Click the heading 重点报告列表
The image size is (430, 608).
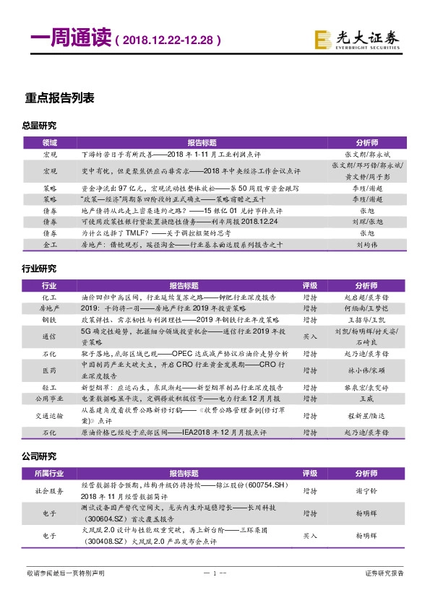59,99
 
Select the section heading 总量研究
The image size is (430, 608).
39,126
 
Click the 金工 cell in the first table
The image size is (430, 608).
49,265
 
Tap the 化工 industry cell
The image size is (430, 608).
49,297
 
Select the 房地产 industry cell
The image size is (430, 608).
49,308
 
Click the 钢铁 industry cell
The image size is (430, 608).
49,318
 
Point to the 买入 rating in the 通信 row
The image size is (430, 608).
309,336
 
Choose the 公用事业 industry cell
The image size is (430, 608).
49,397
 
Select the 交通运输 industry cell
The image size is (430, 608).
49,415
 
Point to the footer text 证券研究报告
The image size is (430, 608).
384,573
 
